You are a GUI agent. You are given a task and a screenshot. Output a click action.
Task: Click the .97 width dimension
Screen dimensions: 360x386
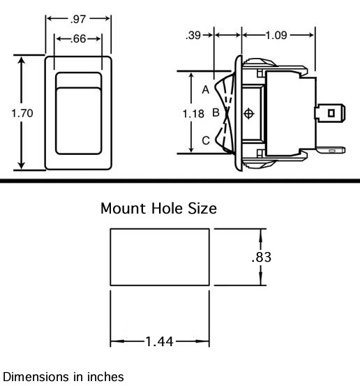pos(78,20)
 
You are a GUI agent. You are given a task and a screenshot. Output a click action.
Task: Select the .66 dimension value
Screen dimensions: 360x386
pos(78,39)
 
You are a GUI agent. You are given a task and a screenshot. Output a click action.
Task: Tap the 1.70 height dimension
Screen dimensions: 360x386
pos(22,113)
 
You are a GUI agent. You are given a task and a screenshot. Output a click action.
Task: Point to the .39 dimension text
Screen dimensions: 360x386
pos(193,35)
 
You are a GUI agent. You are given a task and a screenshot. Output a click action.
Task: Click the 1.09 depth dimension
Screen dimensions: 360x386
pos(276,35)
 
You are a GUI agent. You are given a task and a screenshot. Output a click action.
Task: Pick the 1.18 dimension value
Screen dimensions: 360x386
pos(193,114)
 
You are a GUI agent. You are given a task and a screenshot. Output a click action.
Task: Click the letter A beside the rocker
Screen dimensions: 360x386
pos(206,89)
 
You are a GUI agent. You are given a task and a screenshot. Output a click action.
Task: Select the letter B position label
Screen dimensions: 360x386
pos(216,112)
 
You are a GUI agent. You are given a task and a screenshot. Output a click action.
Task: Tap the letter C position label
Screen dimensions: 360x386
pos(206,140)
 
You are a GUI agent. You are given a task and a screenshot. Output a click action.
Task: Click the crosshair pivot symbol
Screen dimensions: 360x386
pos(249,114)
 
